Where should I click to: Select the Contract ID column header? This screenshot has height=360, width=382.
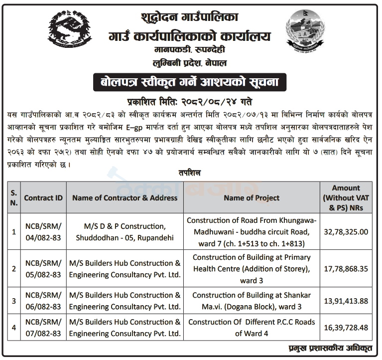click(x=43, y=197)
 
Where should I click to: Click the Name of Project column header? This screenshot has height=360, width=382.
click(x=252, y=197)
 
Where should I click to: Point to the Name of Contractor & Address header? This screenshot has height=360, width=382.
click(x=125, y=197)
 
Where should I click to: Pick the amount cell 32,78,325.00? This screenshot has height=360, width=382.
click(x=346, y=231)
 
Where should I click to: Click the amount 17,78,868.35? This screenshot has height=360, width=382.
click(x=346, y=269)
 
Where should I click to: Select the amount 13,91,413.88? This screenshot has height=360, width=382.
click(x=346, y=301)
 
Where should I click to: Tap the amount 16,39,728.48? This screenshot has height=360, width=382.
click(x=346, y=328)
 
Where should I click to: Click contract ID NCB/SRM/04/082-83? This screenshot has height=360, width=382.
click(x=43, y=231)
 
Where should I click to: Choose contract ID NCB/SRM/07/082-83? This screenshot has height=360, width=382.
click(x=43, y=328)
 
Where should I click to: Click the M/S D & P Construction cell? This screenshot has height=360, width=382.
click(x=125, y=231)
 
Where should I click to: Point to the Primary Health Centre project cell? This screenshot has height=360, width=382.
click(x=252, y=269)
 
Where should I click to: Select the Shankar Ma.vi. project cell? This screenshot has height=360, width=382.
click(x=252, y=301)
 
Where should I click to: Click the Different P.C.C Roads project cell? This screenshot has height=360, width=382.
click(x=252, y=328)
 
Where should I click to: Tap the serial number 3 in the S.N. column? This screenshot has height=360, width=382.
click(x=14, y=301)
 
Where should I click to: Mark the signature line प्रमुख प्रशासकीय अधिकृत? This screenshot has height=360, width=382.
click(x=331, y=348)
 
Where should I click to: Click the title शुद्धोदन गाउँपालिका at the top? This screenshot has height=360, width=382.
click(x=190, y=18)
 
